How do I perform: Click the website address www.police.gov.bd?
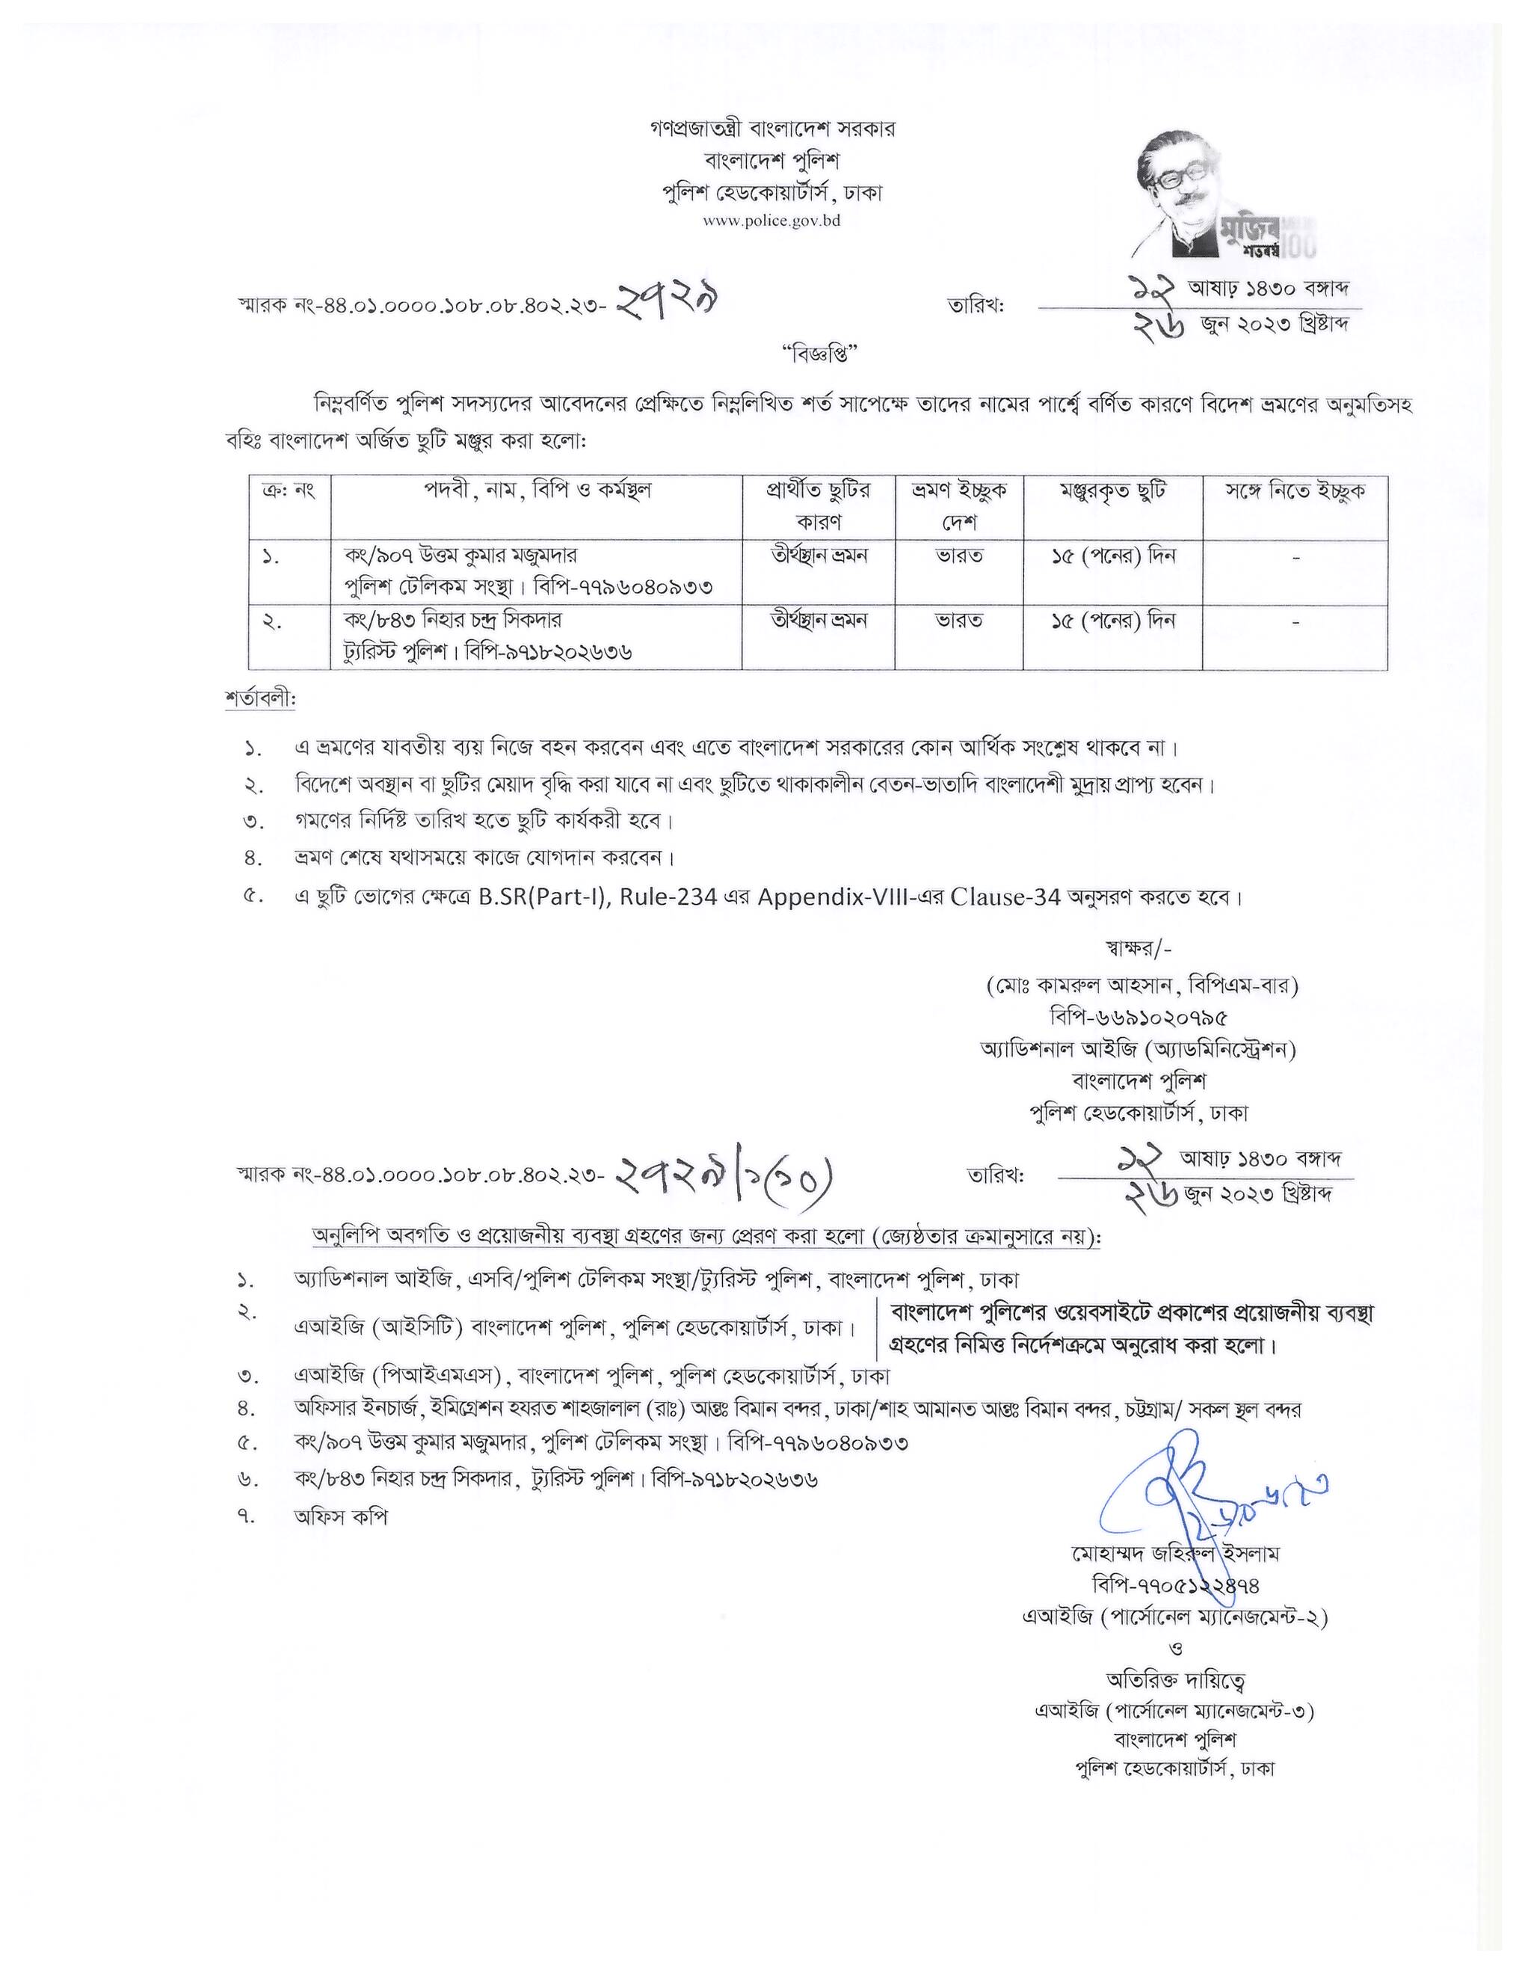tap(771, 221)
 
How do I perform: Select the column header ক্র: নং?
tap(289, 493)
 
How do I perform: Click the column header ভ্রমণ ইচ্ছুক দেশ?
tap(958, 507)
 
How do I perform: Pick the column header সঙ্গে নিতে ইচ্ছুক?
tap(1294, 493)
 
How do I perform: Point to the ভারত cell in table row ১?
tap(958, 556)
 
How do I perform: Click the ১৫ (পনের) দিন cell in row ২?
tap(1112, 621)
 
